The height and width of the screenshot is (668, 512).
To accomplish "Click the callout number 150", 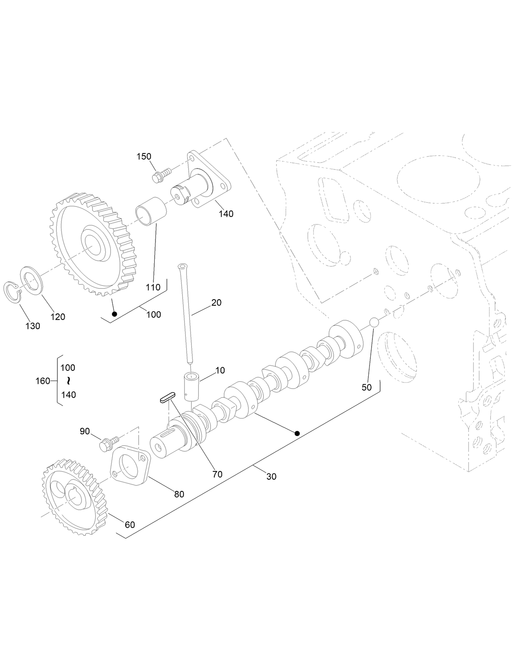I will pos(144,157).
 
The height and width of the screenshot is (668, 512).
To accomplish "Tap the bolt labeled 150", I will pos(159,176).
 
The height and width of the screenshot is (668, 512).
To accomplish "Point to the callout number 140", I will pos(226,213).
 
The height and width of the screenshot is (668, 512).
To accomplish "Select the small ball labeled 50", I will pos(374,323).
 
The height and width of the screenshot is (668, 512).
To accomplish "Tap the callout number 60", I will pos(129,525).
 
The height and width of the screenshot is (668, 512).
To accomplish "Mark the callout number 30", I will pos(271,476).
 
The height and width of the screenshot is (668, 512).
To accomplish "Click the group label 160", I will pos(43,381).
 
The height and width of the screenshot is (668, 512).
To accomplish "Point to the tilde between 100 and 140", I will pos(68,381).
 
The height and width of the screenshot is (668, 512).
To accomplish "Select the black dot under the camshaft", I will pos(297,434).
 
